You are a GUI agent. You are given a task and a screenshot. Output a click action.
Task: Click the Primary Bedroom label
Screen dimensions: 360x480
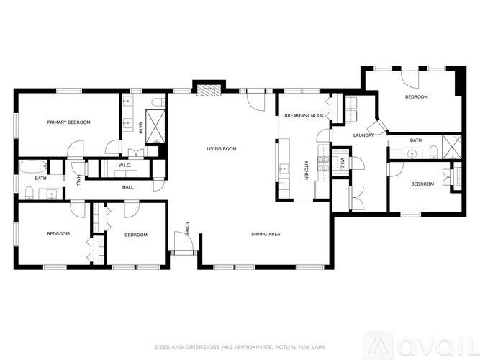(69, 122)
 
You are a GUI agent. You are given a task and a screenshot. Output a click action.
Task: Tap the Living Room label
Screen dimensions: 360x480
(222, 149)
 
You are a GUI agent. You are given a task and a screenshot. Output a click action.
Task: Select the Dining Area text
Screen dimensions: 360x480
(266, 234)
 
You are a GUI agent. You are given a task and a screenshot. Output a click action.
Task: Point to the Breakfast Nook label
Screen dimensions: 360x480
(304, 115)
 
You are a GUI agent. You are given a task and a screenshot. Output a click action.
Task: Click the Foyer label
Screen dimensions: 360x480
(186, 229)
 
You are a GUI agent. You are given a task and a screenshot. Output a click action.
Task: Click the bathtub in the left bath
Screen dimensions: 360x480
(33, 167)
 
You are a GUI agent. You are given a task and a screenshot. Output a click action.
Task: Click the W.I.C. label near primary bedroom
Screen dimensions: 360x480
(124, 166)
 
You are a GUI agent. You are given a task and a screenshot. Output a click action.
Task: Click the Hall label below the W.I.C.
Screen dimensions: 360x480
(128, 187)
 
